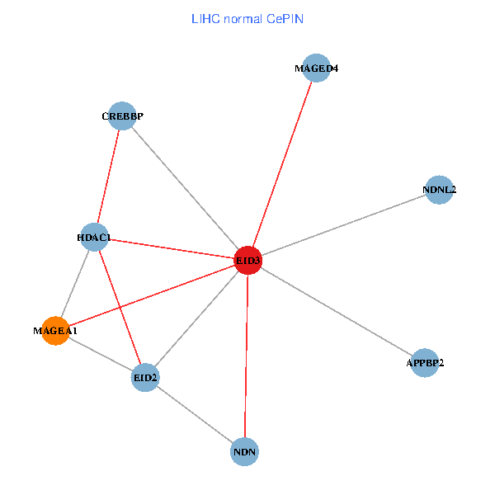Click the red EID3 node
click(247, 261)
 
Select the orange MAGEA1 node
click(55, 331)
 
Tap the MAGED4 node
click(317, 68)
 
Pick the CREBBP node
click(122, 116)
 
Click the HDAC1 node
click(94, 238)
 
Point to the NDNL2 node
click(439, 190)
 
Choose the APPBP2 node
click(424, 363)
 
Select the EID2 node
click(145, 378)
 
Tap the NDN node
click(245, 452)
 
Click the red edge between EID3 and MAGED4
click(282, 165)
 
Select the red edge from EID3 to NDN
click(246, 356)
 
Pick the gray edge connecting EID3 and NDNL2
click(343, 225)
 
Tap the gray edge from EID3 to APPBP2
click(336, 312)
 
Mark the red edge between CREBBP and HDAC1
click(108, 177)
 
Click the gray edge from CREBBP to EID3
click(185, 188)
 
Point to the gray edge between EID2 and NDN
click(195, 415)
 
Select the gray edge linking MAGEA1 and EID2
click(100, 354)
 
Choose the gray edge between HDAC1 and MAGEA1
click(74, 285)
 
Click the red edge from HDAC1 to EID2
click(120, 308)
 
